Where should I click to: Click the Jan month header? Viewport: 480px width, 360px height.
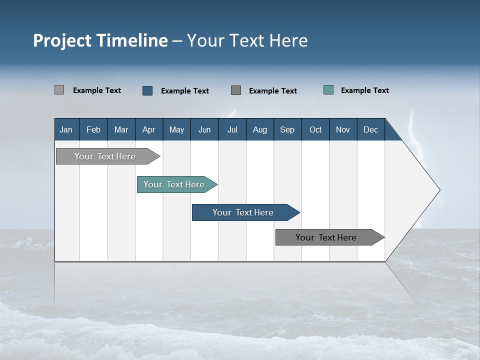point(66,129)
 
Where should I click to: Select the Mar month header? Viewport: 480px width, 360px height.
point(121,129)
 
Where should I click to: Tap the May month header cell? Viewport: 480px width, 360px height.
point(176,129)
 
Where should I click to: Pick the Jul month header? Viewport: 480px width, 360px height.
point(232,129)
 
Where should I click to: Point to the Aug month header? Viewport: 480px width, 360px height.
point(259,129)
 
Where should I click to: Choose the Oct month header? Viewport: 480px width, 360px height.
point(315,129)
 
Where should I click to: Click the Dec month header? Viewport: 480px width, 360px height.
point(370,129)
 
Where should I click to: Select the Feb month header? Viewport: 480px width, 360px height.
point(93,129)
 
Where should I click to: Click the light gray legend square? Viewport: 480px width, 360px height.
point(59,90)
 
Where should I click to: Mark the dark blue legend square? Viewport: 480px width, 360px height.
point(147,90)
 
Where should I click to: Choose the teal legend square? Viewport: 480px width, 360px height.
point(328,90)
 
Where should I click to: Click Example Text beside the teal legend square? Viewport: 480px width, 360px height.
point(364,90)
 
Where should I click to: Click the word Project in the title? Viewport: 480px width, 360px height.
point(62,40)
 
